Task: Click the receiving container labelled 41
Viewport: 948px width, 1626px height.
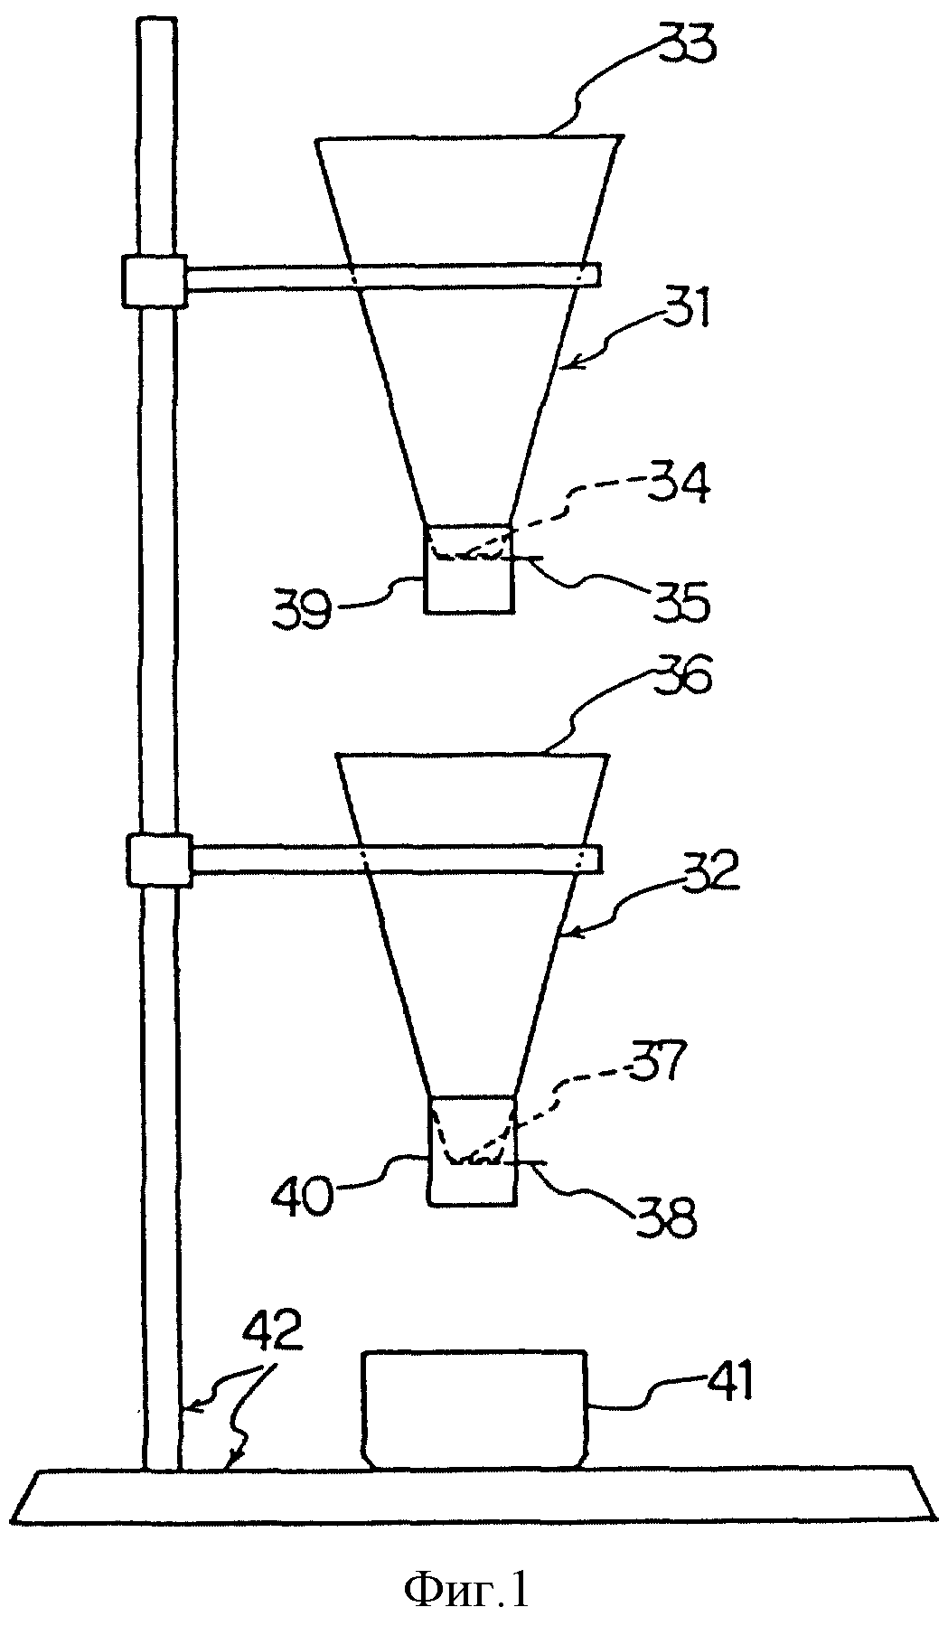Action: coord(475,1409)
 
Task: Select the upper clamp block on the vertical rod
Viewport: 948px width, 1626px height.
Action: coord(154,282)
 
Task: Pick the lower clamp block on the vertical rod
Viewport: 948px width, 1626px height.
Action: coord(160,860)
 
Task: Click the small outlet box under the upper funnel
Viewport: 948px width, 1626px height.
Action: coord(469,569)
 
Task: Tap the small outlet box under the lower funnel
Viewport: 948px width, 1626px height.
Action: coord(474,1151)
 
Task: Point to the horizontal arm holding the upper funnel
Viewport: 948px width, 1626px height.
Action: coord(393,277)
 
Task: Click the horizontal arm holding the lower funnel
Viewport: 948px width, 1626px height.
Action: coord(398,860)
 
